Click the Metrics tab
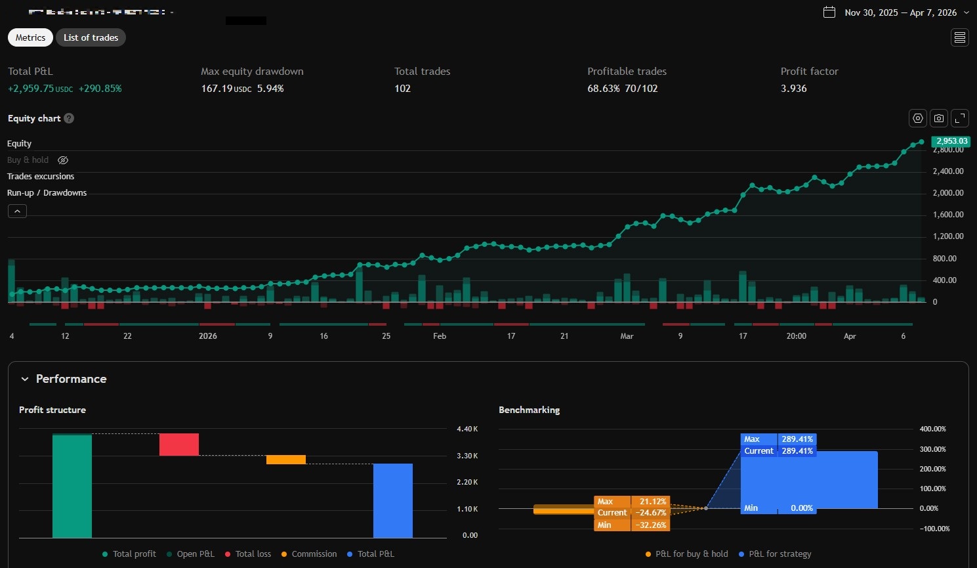pos(30,37)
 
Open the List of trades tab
pos(91,37)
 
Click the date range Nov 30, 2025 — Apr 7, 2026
pos(900,12)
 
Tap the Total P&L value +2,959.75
pos(31,89)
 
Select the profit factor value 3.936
pos(793,89)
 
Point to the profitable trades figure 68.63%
pos(603,89)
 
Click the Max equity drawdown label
pos(252,72)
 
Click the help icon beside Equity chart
pos(69,118)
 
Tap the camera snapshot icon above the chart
pos(939,118)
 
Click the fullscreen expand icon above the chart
pos(960,118)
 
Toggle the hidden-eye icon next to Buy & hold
pos(63,160)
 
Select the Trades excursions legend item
pos(41,177)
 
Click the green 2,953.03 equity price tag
pos(951,141)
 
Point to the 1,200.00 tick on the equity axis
pos(948,236)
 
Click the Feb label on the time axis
pos(440,336)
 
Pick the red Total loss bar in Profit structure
pos(178,445)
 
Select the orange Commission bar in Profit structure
pos(286,460)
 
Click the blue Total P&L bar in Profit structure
pos(392,500)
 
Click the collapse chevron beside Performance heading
pos(25,379)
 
